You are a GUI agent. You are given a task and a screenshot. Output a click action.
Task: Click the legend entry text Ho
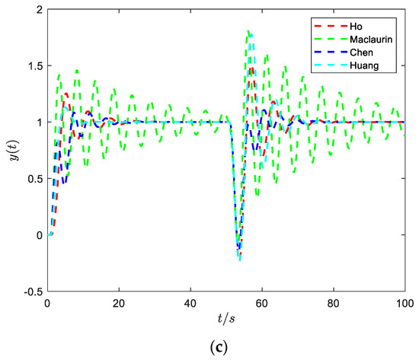(x=358, y=24)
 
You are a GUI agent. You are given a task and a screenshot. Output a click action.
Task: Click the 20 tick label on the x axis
(x=119, y=302)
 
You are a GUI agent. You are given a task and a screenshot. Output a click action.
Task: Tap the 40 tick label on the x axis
(x=190, y=302)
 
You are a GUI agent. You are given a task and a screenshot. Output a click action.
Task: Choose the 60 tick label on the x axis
(x=262, y=302)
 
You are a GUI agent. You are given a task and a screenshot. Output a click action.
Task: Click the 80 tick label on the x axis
(x=334, y=302)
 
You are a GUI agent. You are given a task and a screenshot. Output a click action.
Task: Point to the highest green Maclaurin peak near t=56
(x=249, y=31)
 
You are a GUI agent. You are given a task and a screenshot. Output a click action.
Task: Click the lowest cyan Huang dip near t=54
(x=240, y=260)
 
